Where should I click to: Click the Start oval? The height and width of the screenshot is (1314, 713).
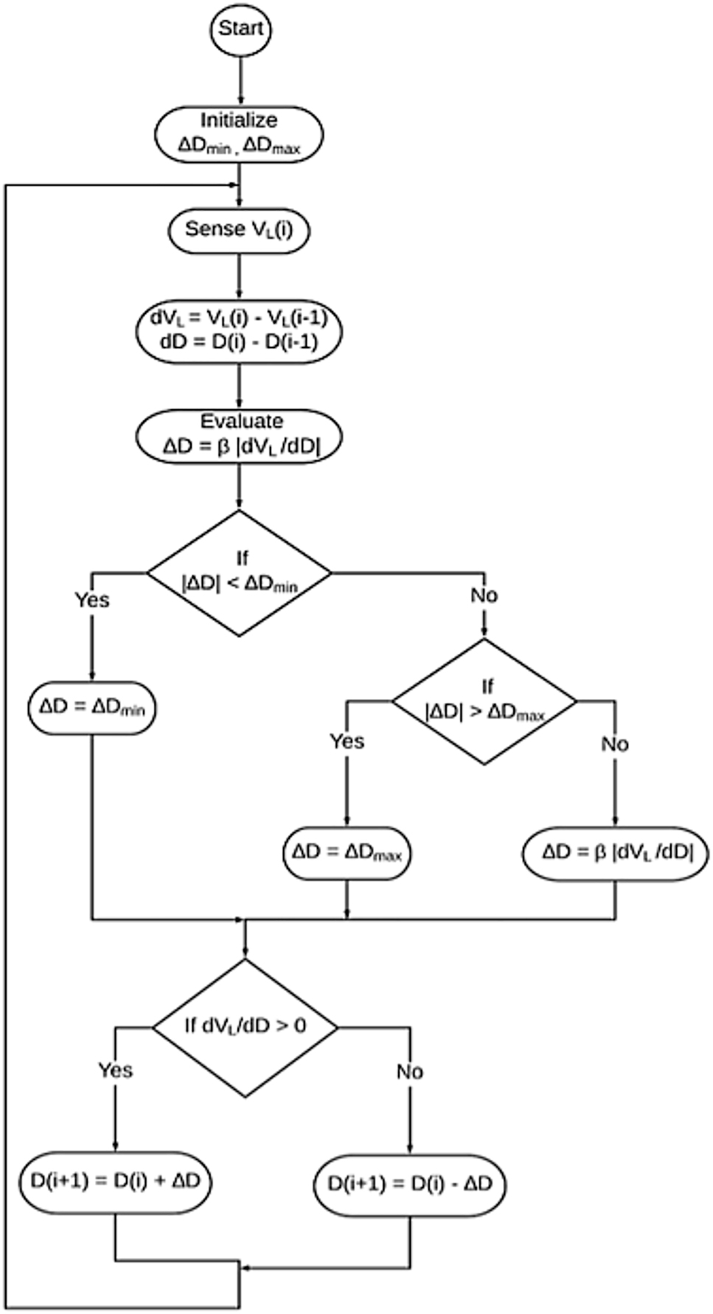240,30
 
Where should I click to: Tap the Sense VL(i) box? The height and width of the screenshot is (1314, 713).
239,230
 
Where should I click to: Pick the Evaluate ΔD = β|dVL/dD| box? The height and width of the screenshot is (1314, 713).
239,437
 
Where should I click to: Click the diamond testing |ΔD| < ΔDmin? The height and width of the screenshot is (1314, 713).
239,572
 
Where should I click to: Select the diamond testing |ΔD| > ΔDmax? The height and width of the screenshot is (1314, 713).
484,701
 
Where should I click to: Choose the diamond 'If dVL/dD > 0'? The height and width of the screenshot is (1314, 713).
244,1026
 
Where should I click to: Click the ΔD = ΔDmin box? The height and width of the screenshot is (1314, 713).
92,707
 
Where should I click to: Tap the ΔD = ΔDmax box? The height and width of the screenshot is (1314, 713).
347,852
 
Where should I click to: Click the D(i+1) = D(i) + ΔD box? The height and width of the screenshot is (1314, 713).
115,1181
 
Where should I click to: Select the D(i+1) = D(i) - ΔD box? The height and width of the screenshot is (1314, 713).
409,1185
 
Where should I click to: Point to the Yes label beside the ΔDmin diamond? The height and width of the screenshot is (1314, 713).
92,600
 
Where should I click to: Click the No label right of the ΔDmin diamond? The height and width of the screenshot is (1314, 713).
484,595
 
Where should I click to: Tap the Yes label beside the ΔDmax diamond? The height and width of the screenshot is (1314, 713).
347,741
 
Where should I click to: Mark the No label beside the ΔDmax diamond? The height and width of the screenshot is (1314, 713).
614,744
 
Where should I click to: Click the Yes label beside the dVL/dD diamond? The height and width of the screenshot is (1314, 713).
115,1070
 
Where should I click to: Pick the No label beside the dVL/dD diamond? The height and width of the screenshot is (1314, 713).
409,1071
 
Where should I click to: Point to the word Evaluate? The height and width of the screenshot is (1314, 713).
242,421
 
